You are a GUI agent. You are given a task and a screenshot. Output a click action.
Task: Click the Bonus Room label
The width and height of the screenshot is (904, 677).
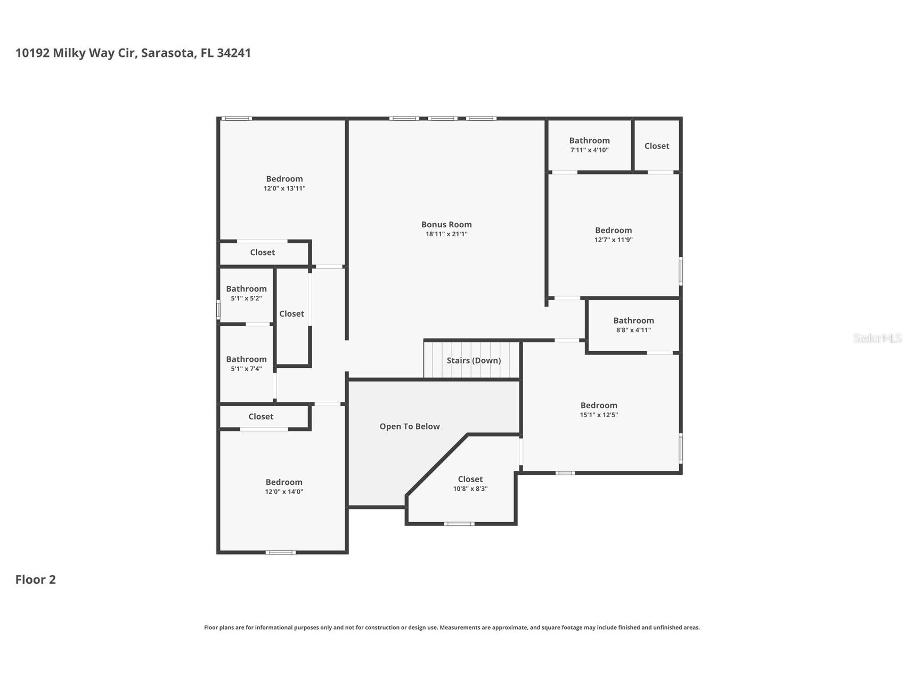(x=446, y=225)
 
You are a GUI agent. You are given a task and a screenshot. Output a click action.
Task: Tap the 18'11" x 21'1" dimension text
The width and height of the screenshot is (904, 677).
(x=446, y=234)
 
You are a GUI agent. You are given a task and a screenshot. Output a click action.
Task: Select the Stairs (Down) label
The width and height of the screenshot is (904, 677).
(x=474, y=360)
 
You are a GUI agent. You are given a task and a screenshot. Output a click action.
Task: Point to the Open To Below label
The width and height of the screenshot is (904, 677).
(x=410, y=426)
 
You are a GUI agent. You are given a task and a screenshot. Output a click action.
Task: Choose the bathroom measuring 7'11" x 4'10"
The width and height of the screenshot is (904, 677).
(x=589, y=145)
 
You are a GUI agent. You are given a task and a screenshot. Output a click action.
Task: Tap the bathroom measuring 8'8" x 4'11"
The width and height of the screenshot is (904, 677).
(x=633, y=325)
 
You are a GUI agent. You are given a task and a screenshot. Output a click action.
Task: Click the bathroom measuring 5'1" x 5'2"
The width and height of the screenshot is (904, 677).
(x=246, y=293)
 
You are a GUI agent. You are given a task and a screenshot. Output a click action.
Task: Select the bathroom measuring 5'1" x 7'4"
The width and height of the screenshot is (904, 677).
(x=246, y=364)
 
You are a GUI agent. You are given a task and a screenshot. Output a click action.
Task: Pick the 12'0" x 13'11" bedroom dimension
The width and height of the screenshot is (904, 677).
(x=284, y=188)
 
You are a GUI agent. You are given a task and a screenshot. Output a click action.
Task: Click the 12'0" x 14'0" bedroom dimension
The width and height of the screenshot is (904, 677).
(x=284, y=492)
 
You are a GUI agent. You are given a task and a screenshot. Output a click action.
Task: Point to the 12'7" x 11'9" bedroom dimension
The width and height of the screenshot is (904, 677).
(x=614, y=240)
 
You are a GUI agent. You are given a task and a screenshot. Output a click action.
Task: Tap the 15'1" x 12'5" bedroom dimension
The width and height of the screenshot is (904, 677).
(x=599, y=415)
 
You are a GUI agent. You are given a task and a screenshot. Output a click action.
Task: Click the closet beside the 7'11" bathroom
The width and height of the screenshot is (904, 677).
(x=657, y=146)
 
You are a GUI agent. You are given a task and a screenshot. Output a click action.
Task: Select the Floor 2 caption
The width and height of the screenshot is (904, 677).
(x=36, y=580)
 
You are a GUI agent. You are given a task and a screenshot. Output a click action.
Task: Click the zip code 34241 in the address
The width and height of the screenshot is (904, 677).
(x=234, y=53)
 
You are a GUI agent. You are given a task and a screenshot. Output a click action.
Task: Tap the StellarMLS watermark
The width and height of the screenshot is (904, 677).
(x=877, y=338)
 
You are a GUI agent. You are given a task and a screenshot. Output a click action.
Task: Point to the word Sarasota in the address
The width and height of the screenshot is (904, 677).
(x=168, y=53)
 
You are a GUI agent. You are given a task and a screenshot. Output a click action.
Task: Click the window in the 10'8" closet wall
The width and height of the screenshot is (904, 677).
(x=459, y=524)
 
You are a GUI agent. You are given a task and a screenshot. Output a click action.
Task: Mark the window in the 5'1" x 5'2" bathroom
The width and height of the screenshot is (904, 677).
(x=218, y=310)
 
